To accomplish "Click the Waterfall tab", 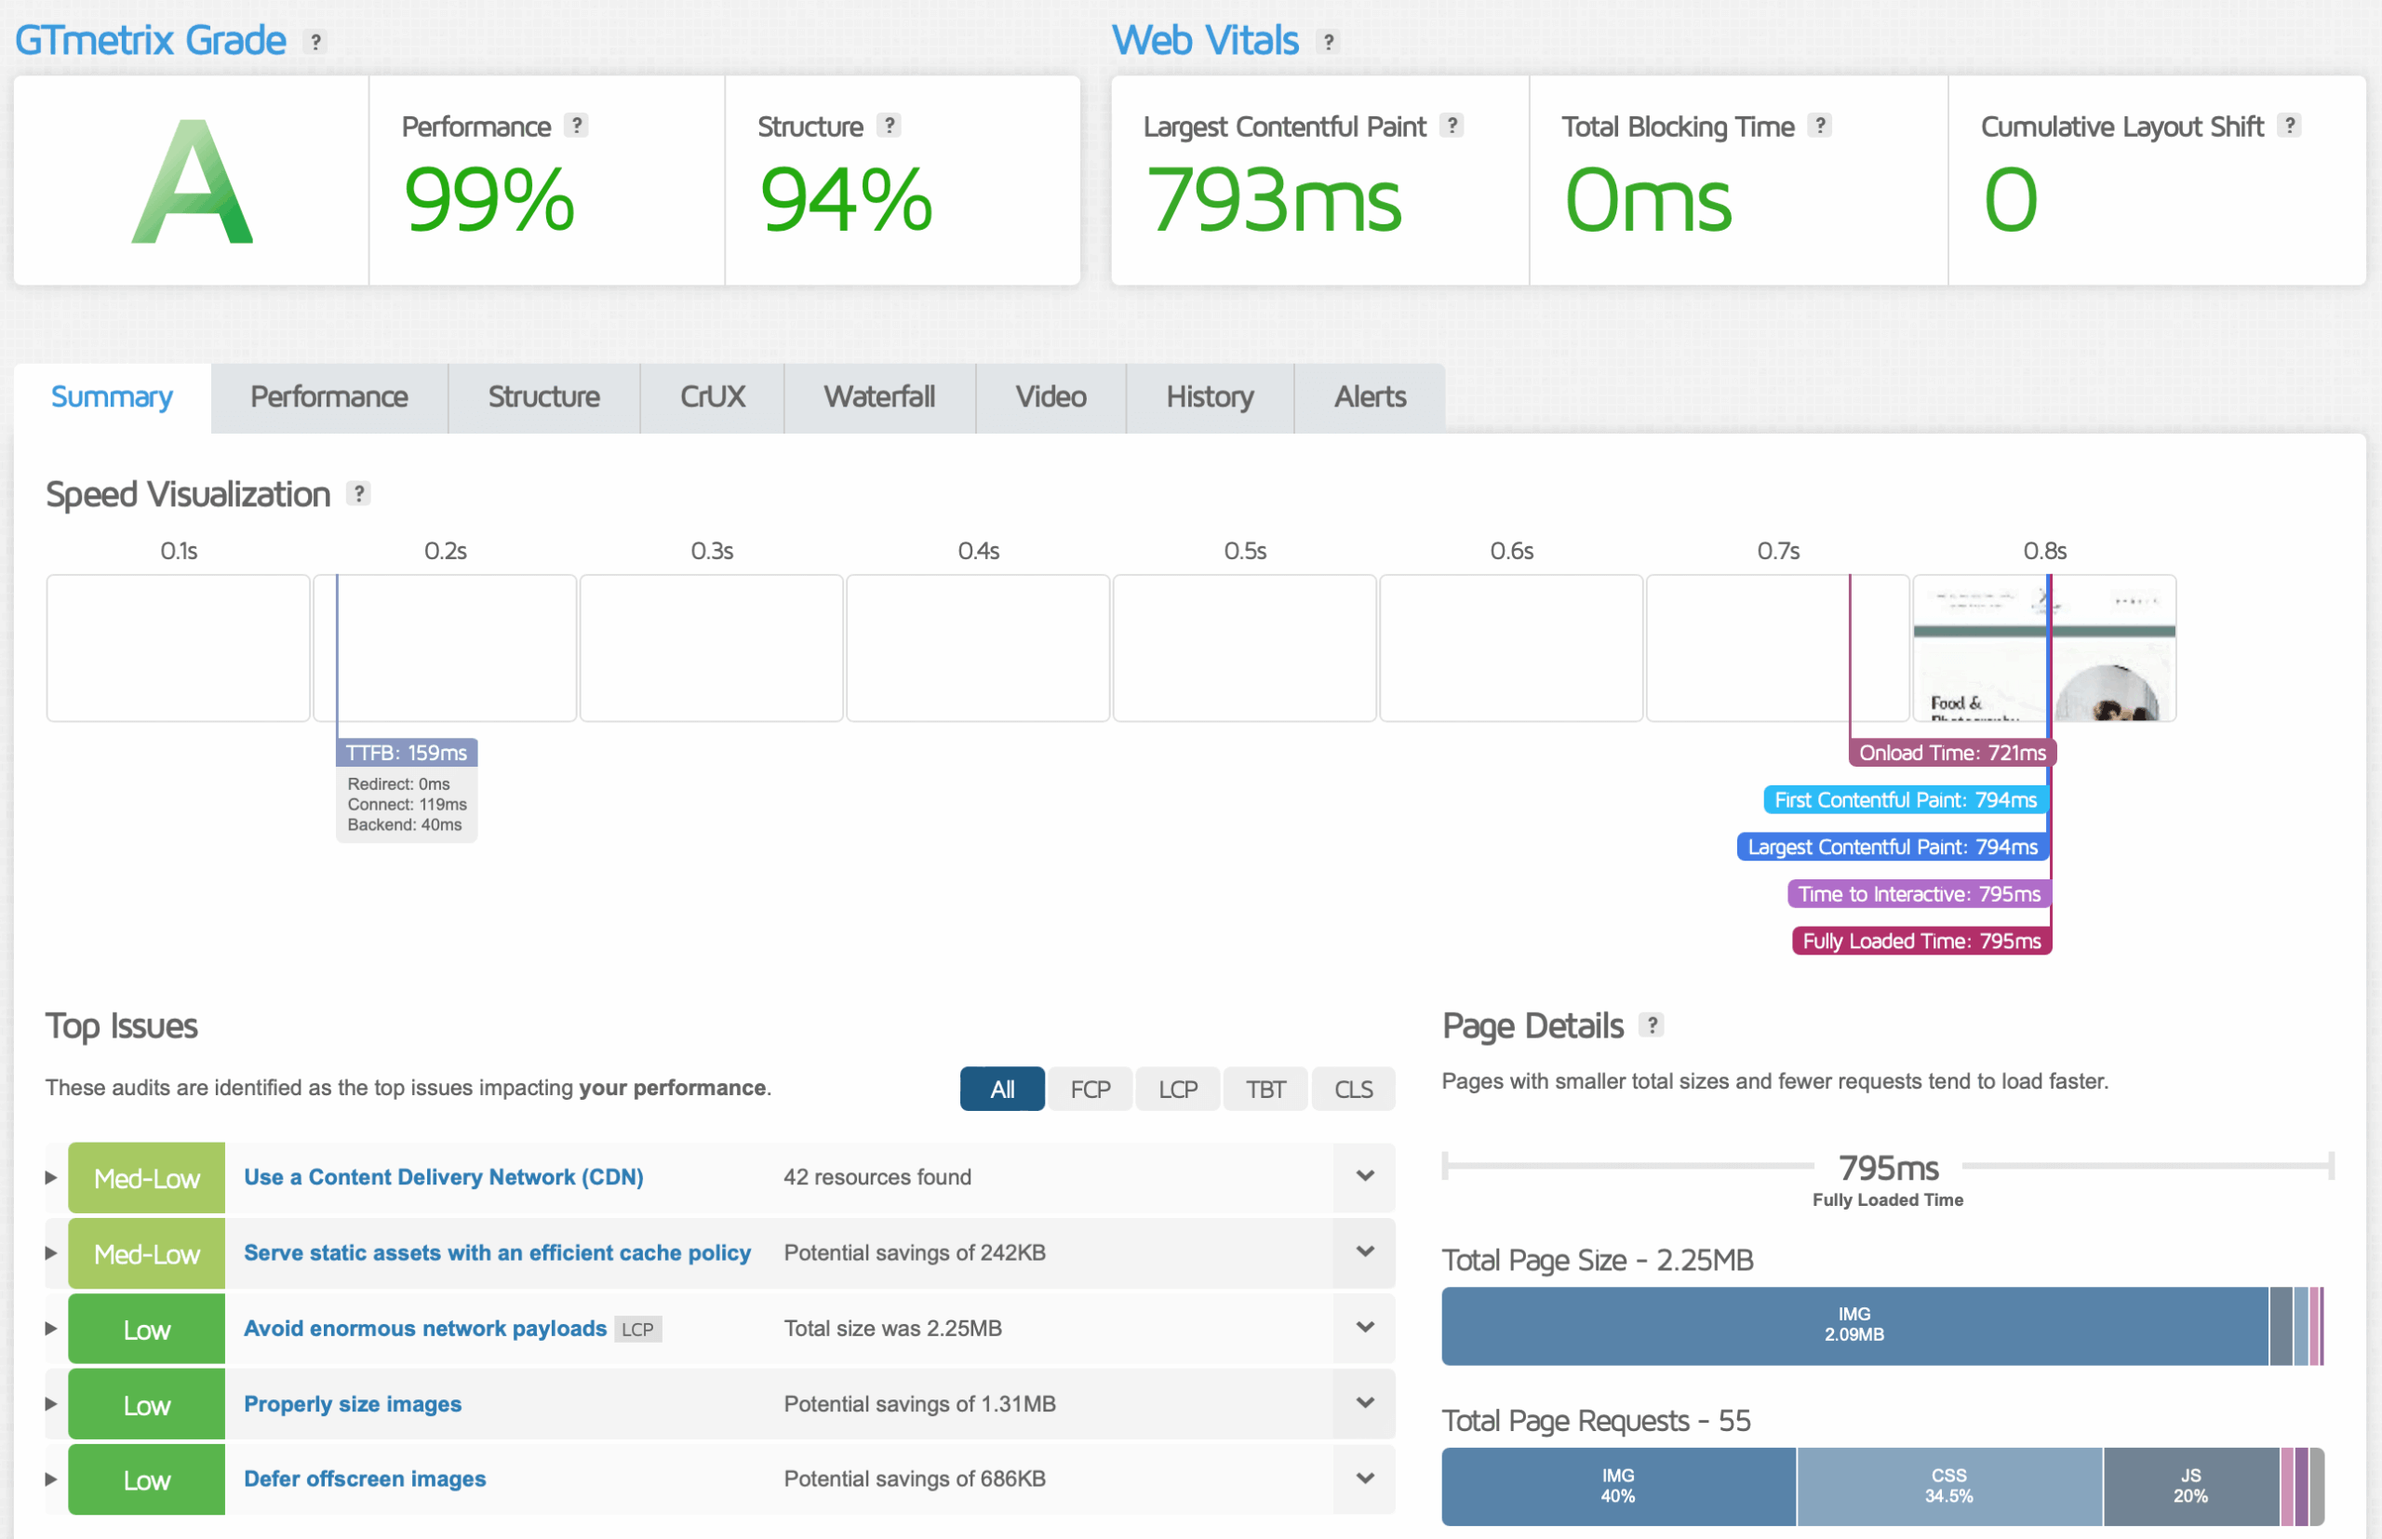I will point(879,396).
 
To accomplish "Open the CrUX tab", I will point(713,396).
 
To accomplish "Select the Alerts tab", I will point(1370,396).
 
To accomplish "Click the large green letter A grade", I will point(192,183).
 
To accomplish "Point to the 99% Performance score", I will point(489,200).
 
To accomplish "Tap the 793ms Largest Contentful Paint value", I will point(1274,200).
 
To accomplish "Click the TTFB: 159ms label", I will point(407,753).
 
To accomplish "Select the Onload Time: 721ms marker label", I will point(1951,753).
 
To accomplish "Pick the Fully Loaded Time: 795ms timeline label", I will point(1921,941).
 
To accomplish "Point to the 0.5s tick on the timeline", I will point(1245,551).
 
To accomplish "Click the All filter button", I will point(1002,1090).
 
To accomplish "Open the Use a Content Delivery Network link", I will point(444,1177).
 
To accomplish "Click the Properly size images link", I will point(353,1404).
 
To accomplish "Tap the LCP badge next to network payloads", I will point(637,1329).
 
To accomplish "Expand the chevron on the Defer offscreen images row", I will point(1365,1478).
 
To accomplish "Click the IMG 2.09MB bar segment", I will point(1854,1325).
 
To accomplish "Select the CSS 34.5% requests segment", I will point(1948,1486).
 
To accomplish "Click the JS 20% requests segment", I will point(2190,1486).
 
